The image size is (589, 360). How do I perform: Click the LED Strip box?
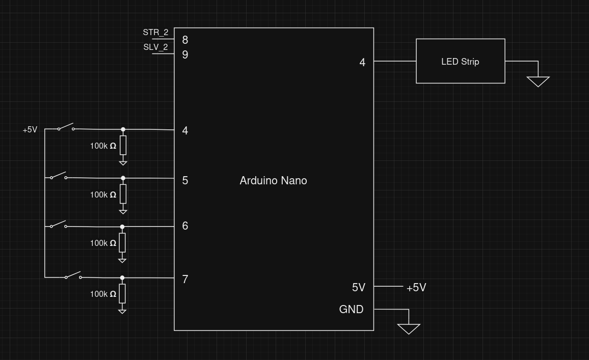coord(460,61)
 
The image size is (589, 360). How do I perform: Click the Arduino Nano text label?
coord(273,181)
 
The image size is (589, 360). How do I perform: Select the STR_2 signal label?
coord(155,33)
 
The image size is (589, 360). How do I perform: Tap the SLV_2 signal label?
coord(155,47)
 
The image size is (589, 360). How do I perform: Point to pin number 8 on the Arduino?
coord(185,40)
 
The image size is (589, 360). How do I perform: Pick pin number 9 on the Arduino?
coord(185,54)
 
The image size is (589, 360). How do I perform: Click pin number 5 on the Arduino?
coord(185,181)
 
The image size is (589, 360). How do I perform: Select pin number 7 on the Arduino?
coord(185,279)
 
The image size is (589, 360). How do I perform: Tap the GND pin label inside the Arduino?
coord(351,310)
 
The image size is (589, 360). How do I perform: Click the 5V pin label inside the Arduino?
coord(358,288)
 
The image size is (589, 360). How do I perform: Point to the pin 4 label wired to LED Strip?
coord(362,62)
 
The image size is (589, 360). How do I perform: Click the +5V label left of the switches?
coord(30,130)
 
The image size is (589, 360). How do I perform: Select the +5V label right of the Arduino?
coord(416,288)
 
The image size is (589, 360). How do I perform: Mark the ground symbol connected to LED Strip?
coord(538,81)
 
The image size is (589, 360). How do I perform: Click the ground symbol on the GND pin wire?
coord(408,329)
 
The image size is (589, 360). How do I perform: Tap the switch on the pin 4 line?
coord(66,127)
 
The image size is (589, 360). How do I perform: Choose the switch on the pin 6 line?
coord(58,225)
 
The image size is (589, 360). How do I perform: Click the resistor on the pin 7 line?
coord(122,294)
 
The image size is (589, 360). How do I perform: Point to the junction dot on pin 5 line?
coord(123,178)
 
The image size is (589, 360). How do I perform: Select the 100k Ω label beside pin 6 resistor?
coord(103,243)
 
